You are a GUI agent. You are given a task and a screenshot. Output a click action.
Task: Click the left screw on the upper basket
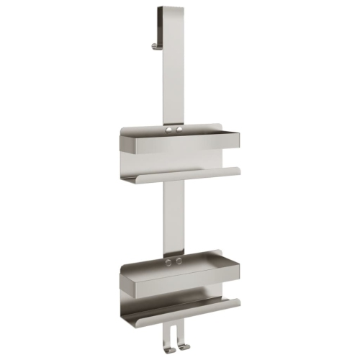pyautogui.click(x=170, y=131)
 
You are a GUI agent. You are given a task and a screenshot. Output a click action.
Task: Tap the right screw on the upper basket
pyautogui.click(x=178, y=131)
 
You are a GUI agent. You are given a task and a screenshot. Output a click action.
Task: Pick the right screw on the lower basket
pyautogui.click(x=178, y=261)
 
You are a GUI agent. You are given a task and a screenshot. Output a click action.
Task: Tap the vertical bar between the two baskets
pyautogui.click(x=174, y=216)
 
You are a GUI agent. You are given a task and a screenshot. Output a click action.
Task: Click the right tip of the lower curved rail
pyautogui.click(x=238, y=302)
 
